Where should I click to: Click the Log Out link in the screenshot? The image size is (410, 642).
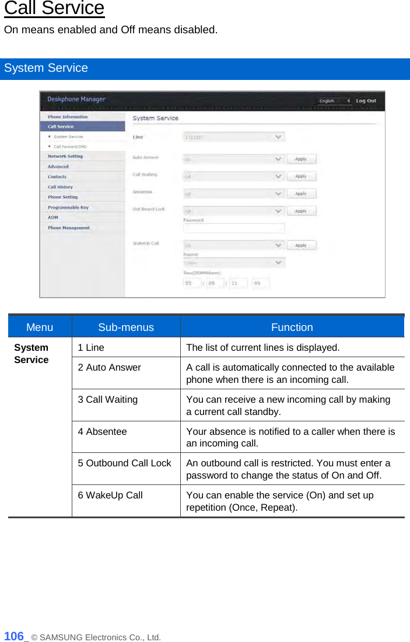tap(366, 101)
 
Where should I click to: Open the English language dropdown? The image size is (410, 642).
tap(334, 101)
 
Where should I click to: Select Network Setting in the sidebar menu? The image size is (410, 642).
tap(65, 156)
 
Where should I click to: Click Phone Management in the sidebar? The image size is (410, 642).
tap(69, 228)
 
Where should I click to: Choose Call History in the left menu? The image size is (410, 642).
tap(60, 187)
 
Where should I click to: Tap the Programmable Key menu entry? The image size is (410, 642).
tap(68, 208)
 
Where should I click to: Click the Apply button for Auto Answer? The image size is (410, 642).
tap(301, 159)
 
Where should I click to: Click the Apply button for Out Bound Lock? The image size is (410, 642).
tap(301, 211)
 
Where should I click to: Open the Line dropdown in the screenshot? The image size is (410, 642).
tap(234, 137)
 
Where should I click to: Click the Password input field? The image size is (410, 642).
tap(234, 228)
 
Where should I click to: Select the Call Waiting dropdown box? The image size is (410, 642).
tap(234, 176)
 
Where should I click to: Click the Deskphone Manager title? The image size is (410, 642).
tap(76, 100)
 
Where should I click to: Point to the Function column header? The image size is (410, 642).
tap(292, 327)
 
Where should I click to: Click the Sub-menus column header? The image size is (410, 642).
tap(126, 327)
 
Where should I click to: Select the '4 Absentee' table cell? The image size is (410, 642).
tap(102, 432)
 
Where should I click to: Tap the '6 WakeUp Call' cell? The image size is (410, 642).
tap(110, 496)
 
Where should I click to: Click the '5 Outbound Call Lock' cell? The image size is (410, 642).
tap(124, 463)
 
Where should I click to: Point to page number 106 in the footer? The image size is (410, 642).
tap(14, 636)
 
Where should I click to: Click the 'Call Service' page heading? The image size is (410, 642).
tap(54, 9)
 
